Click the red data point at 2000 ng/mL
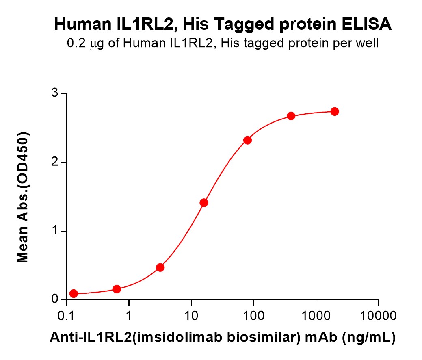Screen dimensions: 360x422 pyautogui.click(x=335, y=111)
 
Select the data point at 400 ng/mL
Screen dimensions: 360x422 pyautogui.click(x=291, y=116)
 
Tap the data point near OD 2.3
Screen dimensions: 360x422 pyautogui.click(x=247, y=140)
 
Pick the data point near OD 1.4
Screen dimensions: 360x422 pyautogui.click(x=204, y=202)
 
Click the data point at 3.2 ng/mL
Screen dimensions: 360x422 pyautogui.click(x=160, y=267)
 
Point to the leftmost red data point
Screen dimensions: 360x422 pyautogui.click(x=74, y=293)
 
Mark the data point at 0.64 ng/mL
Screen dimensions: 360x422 pyautogui.click(x=117, y=289)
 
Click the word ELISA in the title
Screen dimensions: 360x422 pyautogui.click(x=368, y=25)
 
